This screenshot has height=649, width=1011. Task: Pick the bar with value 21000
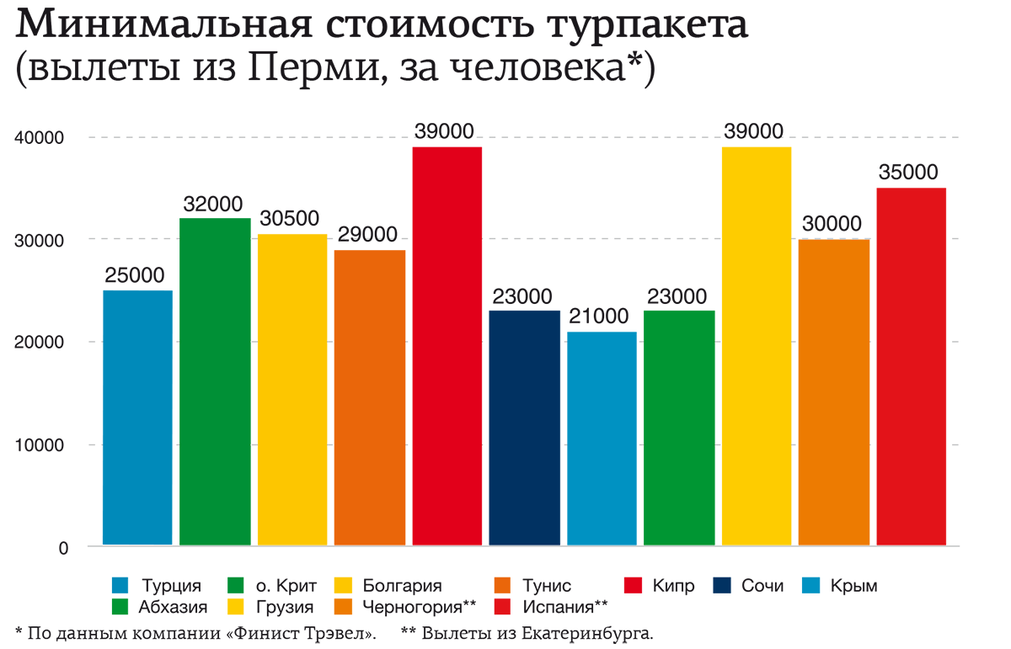602,438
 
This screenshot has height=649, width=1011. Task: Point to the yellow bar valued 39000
757,346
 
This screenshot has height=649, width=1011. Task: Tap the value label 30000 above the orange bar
833,225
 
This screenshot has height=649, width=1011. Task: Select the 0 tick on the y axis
62,548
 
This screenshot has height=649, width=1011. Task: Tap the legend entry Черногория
420,606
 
